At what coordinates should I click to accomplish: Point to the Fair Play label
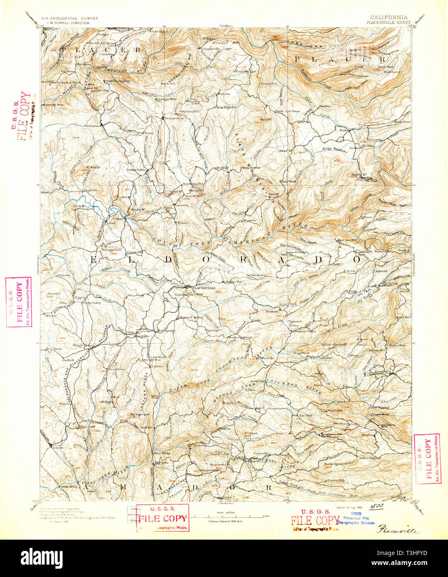pos(305,416)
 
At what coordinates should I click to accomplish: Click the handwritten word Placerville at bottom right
pos(398,530)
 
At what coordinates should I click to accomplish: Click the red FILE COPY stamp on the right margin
pos(427,459)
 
